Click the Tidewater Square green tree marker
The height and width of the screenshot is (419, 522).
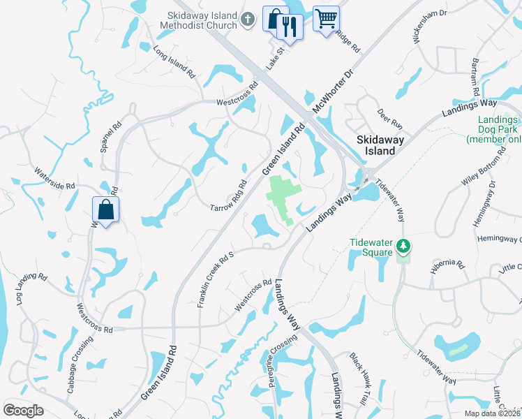pos(403,246)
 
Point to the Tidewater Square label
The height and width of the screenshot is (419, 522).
pos(372,247)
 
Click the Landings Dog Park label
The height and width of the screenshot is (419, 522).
pos(499,128)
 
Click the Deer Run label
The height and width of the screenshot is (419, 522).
pos(390,118)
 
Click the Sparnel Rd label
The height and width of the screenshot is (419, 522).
pos(111,138)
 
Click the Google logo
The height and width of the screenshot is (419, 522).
pos(23,411)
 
